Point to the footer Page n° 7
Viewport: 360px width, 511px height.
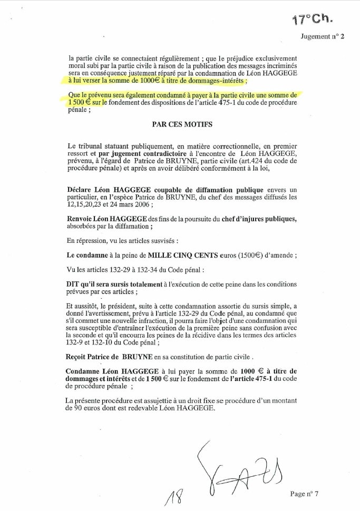pos(304,494)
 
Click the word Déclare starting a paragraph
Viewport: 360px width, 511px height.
pos(81,189)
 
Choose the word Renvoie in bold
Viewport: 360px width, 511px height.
pos(83,219)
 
